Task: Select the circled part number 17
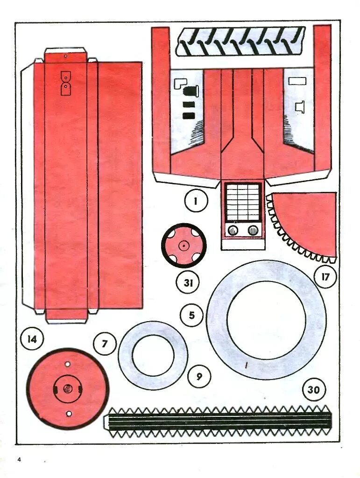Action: [325, 277]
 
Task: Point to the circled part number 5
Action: [192, 316]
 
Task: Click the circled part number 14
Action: [32, 339]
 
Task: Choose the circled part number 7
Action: [105, 344]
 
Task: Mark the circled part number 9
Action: [199, 376]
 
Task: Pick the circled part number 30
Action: [314, 389]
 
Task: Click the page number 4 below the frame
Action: [20, 460]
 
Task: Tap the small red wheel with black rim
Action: [184, 245]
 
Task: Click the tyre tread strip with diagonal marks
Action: [240, 41]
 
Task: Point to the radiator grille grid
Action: [242, 202]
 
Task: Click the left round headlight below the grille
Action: [232, 230]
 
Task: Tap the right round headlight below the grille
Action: [253, 230]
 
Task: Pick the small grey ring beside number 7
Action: [153, 355]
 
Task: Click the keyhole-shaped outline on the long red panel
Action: [66, 83]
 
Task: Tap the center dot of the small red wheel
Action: [184, 245]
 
